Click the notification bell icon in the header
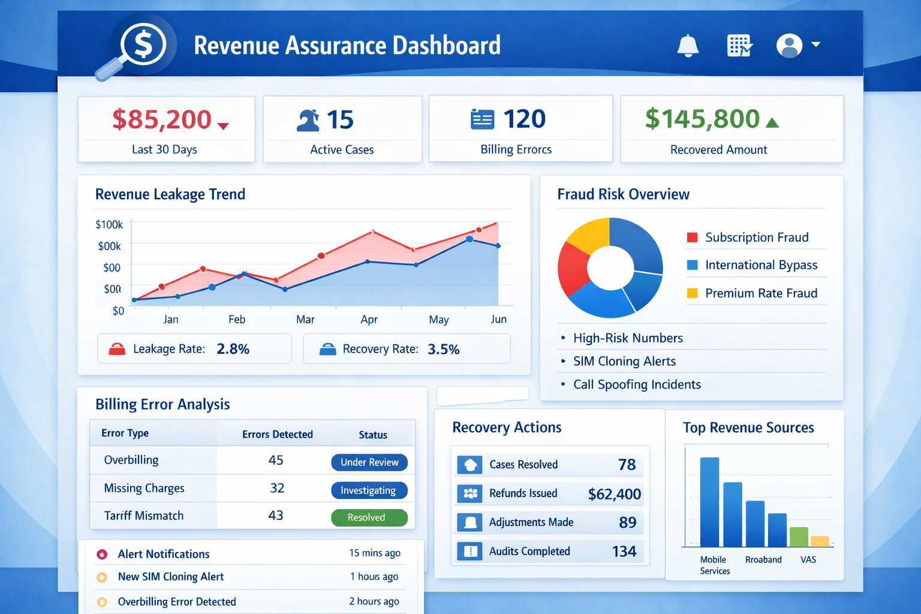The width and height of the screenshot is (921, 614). click(x=688, y=45)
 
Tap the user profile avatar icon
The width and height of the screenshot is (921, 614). click(x=789, y=45)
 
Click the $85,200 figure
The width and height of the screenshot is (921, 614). click(x=161, y=119)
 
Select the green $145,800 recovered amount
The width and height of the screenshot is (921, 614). click(x=702, y=119)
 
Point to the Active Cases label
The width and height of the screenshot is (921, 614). click(x=342, y=150)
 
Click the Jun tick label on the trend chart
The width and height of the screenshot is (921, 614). click(x=498, y=319)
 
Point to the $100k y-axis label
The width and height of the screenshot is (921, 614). click(x=109, y=224)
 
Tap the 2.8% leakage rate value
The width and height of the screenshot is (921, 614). click(x=233, y=349)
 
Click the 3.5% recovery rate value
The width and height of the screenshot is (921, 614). click(x=443, y=349)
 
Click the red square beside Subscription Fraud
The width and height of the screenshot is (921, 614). click(x=692, y=237)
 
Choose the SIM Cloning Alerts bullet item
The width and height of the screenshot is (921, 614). click(x=624, y=361)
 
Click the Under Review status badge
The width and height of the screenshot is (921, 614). click(x=369, y=462)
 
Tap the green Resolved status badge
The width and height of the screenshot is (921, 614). click(x=369, y=517)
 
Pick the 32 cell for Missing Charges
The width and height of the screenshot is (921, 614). click(x=277, y=488)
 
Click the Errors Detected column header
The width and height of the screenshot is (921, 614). click(x=278, y=435)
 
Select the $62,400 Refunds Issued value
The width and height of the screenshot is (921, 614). click(x=614, y=494)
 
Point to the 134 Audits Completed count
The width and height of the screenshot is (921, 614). click(x=624, y=552)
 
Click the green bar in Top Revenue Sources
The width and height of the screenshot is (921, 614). click(x=799, y=537)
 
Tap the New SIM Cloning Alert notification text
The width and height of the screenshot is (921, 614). click(x=171, y=577)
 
